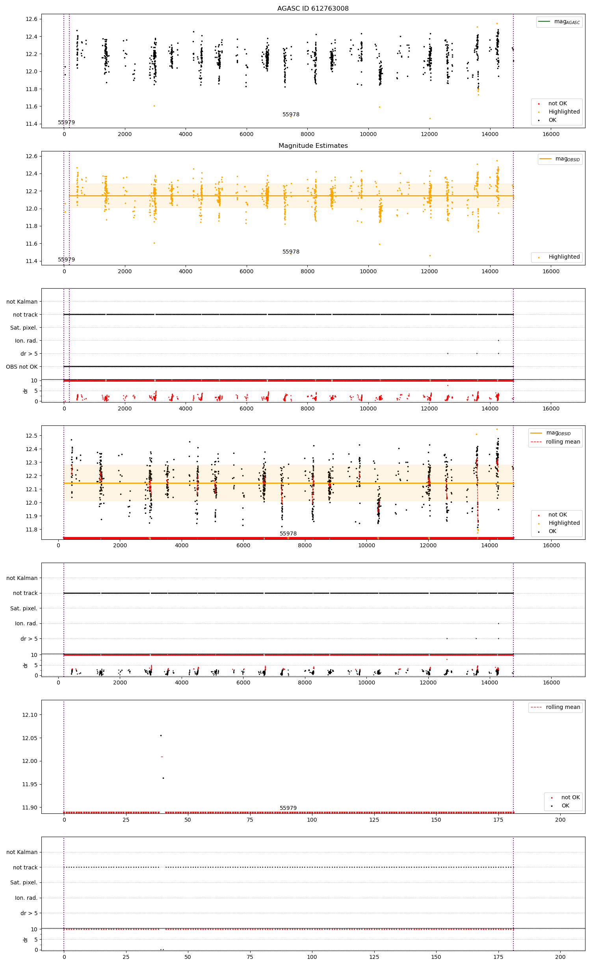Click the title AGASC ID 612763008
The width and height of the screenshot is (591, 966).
(313, 8)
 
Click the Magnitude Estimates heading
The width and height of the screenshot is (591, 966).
(313, 145)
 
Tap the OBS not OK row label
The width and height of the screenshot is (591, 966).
(22, 367)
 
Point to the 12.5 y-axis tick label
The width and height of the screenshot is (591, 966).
(31, 436)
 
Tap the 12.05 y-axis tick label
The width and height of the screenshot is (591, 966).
(30, 738)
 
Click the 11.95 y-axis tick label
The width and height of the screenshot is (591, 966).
(30, 784)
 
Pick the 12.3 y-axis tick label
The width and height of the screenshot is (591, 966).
(31, 462)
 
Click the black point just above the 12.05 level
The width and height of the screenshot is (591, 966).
(161, 735)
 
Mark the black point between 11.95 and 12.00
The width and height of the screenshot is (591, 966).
(163, 778)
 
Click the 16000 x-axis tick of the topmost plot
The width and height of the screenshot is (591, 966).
(550, 134)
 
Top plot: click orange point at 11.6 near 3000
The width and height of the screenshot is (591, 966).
(154, 106)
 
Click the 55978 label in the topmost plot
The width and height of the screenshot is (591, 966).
(291, 115)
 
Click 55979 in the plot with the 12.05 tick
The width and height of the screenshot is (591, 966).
(288, 808)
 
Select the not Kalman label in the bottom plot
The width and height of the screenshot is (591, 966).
(22, 852)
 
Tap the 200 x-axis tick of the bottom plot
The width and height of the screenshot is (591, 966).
(560, 957)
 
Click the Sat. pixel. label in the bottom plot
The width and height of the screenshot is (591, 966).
(24, 882)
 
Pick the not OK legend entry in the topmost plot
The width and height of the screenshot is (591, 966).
(557, 103)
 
